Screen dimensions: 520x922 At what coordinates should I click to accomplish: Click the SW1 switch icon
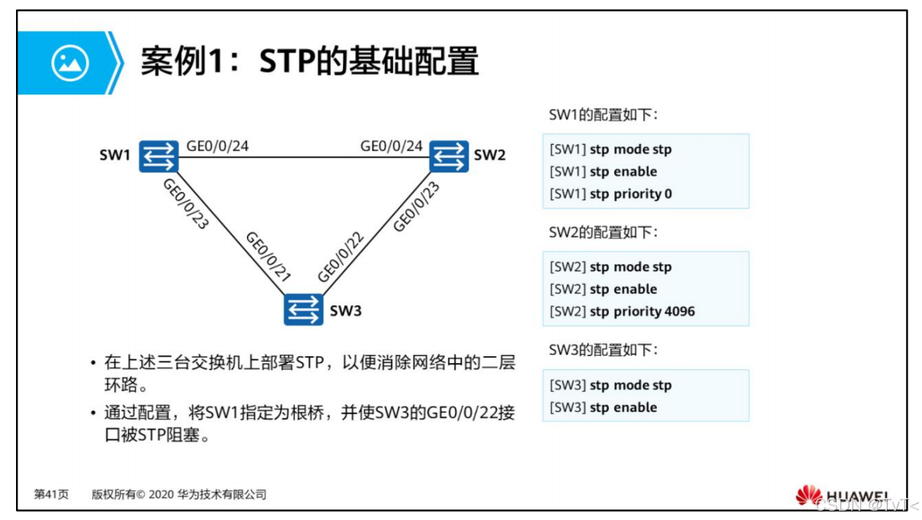click(x=158, y=156)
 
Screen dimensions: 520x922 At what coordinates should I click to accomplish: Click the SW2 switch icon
click(x=449, y=155)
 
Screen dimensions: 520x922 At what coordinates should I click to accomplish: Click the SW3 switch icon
click(x=303, y=310)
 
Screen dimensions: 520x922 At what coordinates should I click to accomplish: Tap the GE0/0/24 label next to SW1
click(x=218, y=145)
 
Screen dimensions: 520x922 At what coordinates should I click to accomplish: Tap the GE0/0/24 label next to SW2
click(x=392, y=145)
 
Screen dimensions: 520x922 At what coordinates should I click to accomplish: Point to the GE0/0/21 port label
click(x=267, y=257)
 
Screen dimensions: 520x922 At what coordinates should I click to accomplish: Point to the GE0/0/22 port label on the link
click(x=341, y=257)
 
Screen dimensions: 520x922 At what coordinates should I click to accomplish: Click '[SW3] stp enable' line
click(x=603, y=407)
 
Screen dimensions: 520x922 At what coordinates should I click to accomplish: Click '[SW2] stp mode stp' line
click(x=610, y=267)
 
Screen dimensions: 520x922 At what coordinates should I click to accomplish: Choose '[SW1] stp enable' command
click(x=603, y=172)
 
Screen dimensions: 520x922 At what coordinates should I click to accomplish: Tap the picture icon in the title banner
click(x=70, y=63)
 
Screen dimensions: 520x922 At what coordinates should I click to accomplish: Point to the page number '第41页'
click(x=51, y=495)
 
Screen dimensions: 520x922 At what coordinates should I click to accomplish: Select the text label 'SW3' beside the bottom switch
click(x=346, y=311)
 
